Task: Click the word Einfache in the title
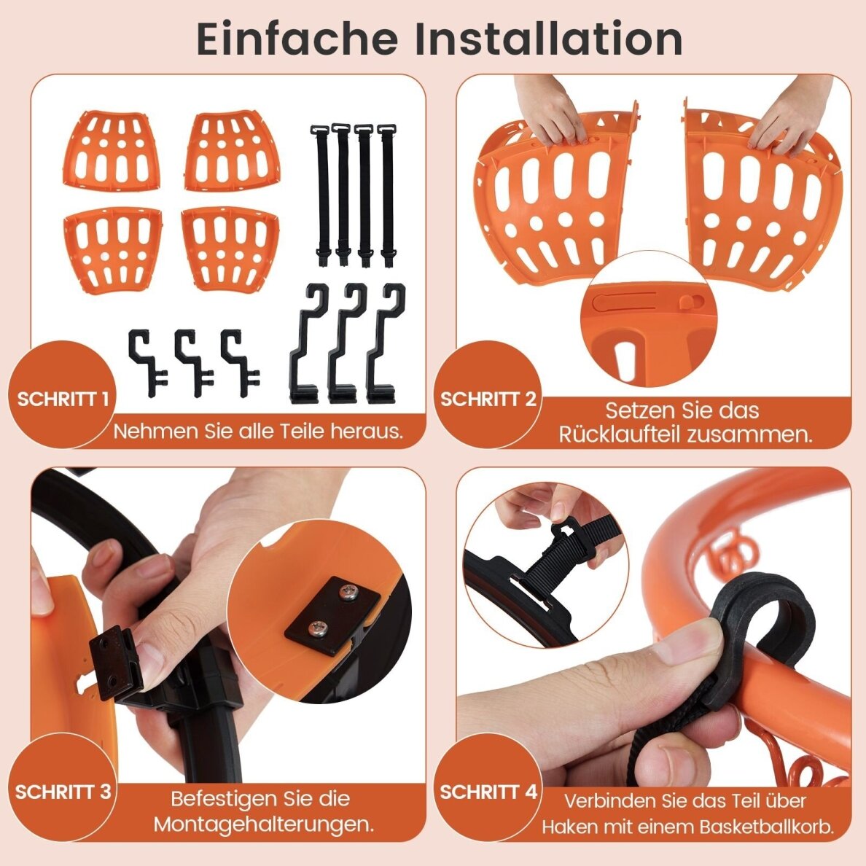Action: click(297, 39)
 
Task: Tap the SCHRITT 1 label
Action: click(63, 399)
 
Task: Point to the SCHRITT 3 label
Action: click(63, 792)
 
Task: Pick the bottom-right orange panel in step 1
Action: click(231, 249)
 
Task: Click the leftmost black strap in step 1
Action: click(322, 193)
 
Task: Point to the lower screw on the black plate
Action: click(317, 628)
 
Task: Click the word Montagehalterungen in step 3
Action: click(264, 824)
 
